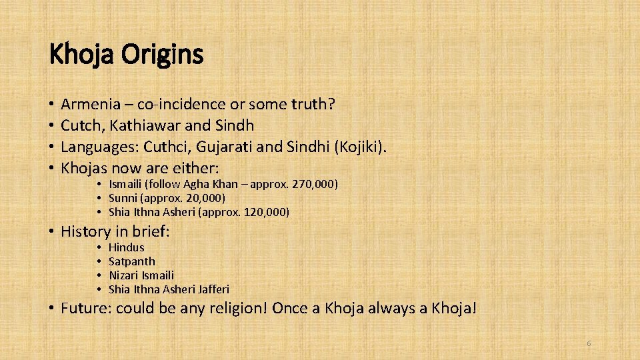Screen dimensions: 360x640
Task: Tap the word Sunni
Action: click(123, 198)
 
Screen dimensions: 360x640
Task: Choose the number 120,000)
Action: click(267, 212)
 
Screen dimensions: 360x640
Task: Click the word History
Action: click(85, 232)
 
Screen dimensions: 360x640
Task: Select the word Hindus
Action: click(126, 247)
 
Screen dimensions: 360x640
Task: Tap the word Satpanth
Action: click(131, 261)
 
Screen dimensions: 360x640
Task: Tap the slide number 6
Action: click(589, 343)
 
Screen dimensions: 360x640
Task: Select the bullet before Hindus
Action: click(97, 247)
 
